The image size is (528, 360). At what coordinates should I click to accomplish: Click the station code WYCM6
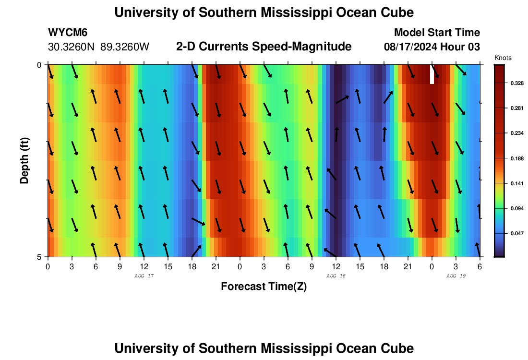pos(68,33)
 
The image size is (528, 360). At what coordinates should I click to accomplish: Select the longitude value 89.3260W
pos(125,47)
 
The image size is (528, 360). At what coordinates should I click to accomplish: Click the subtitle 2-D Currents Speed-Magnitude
pos(264,47)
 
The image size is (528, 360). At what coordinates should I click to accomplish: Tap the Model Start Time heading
pos(437,33)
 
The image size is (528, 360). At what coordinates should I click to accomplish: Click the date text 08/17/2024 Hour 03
pos(432,47)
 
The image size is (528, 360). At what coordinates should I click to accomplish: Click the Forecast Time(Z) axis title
pos(264,287)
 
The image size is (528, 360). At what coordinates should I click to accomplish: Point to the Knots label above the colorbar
pos(503,58)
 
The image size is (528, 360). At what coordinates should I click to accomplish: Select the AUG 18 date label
pos(336,276)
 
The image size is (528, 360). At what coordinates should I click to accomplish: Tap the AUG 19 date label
pos(456,276)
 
